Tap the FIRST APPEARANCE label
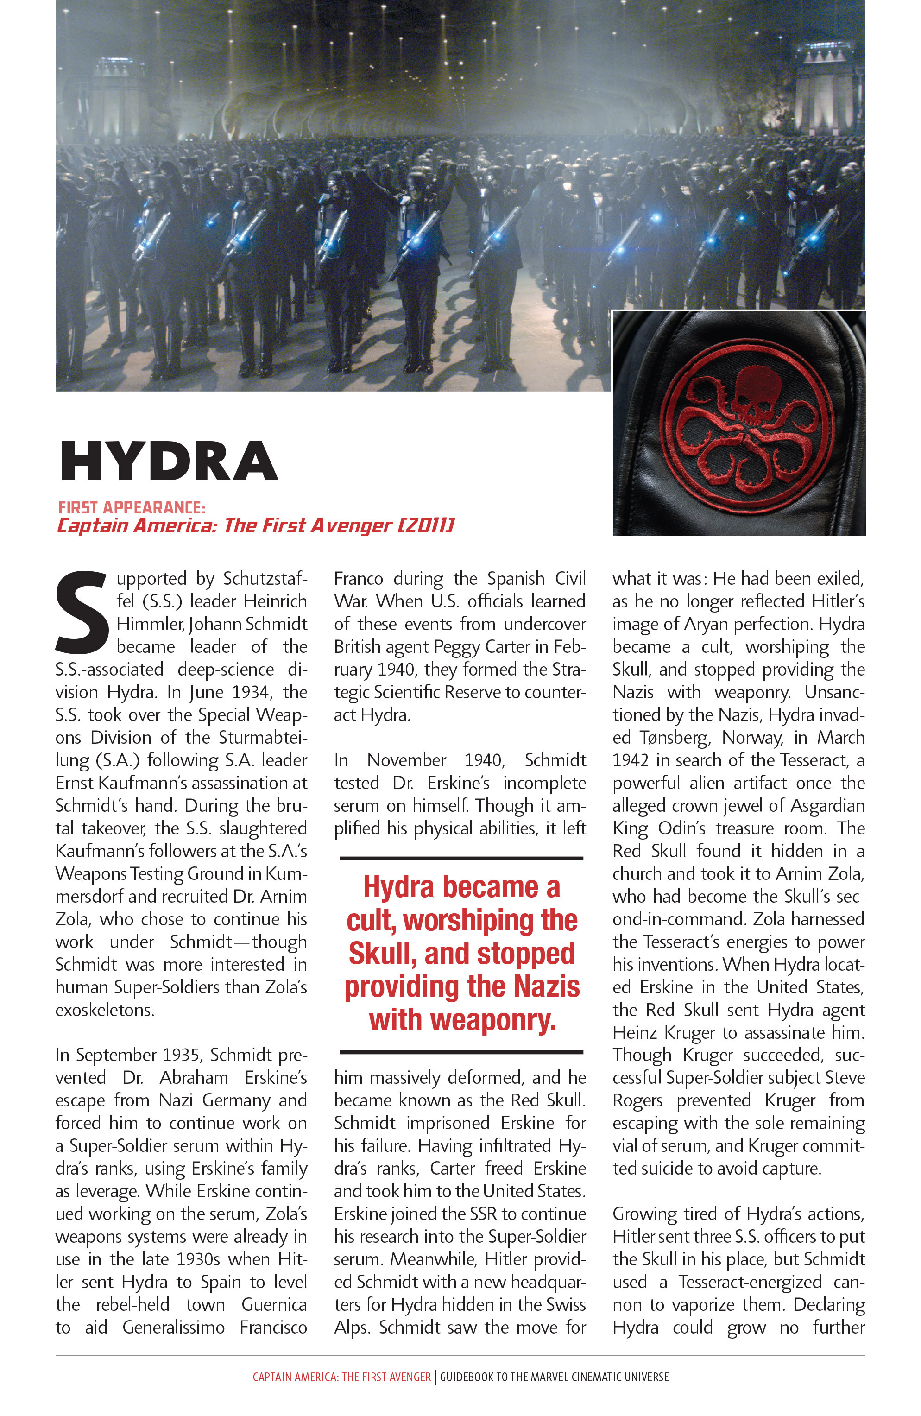click(132, 507)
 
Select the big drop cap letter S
click(82, 613)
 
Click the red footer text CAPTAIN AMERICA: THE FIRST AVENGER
click(341, 1377)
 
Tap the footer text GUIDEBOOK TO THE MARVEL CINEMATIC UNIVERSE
click(554, 1377)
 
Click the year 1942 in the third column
click(630, 760)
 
